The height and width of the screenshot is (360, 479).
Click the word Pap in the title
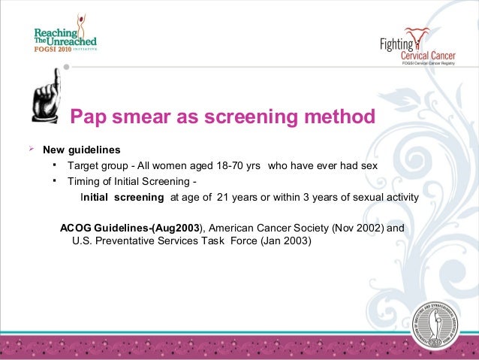pyautogui.click(x=90, y=118)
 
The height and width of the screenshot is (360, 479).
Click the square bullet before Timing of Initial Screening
pyautogui.click(x=55, y=180)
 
